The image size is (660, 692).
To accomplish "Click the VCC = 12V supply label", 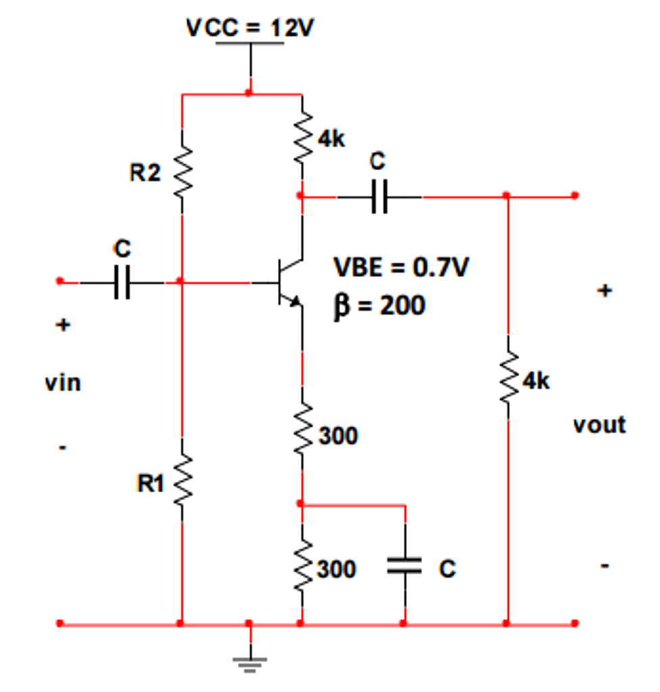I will pyautogui.click(x=250, y=28).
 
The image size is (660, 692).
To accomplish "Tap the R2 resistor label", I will pyautogui.click(x=145, y=174).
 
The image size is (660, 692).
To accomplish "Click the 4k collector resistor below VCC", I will pyautogui.click(x=302, y=139).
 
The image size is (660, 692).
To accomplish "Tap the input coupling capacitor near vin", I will pyautogui.click(x=122, y=282).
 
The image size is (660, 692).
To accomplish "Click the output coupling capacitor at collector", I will pyautogui.click(x=379, y=197).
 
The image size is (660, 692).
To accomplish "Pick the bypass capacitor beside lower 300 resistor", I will pyautogui.click(x=404, y=566).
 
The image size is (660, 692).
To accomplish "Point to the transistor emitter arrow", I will pyautogui.click(x=294, y=302).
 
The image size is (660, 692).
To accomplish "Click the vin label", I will pyautogui.click(x=63, y=383).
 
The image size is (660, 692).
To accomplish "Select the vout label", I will pyautogui.click(x=599, y=425).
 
